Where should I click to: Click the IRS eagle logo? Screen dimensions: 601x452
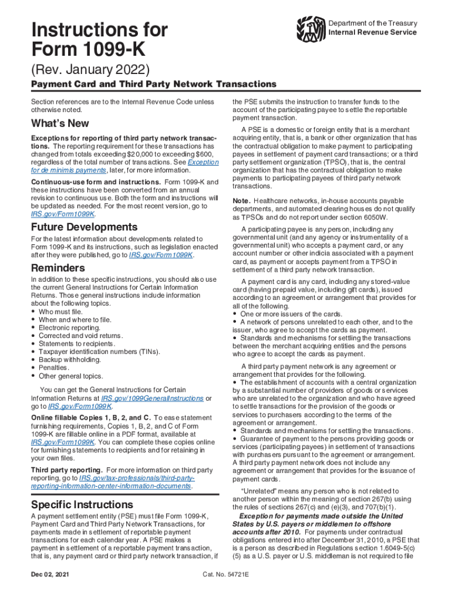click(x=311, y=28)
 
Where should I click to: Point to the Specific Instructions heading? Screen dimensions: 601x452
click(x=82, y=504)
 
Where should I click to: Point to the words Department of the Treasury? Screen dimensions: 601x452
click(x=373, y=23)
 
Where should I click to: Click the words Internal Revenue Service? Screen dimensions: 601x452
click(x=373, y=32)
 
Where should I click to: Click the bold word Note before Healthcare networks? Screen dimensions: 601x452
click(x=242, y=201)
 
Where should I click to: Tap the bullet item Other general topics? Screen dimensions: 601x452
click(x=70, y=376)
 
